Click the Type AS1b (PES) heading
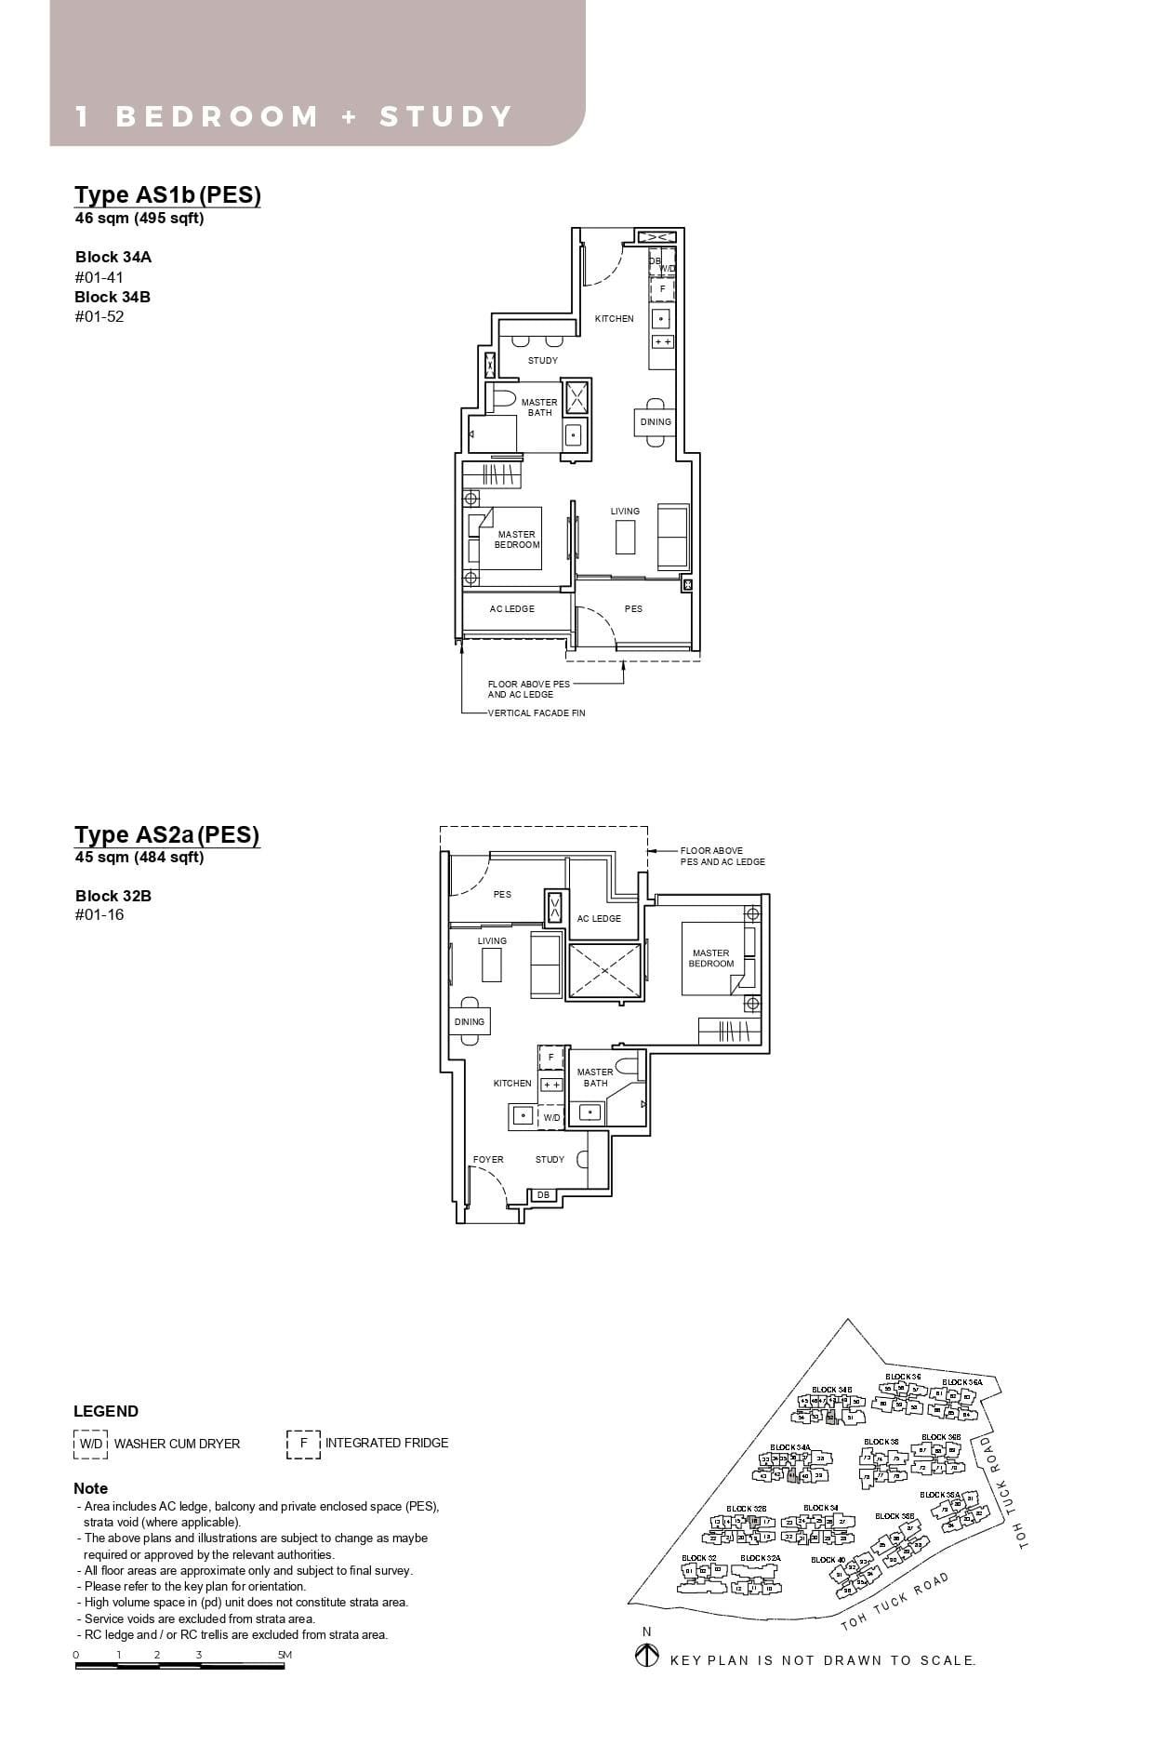(x=167, y=194)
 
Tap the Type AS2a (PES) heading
(x=167, y=834)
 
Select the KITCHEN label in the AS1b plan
(x=614, y=319)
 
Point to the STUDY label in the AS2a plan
(x=550, y=1160)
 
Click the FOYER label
(x=488, y=1160)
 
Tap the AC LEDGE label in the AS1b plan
(x=512, y=609)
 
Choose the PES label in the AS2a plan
(x=502, y=895)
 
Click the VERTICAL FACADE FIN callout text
(x=537, y=713)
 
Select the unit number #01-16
(x=99, y=915)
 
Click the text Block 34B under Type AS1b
(x=113, y=297)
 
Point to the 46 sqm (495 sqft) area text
(x=139, y=219)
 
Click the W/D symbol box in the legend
(x=90, y=1444)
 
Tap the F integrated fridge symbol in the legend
(x=303, y=1444)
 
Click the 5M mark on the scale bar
(x=285, y=1655)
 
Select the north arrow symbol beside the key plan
(x=646, y=1657)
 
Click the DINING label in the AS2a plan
(x=469, y=1021)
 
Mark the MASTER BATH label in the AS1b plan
(x=539, y=407)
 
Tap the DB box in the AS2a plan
(x=543, y=1195)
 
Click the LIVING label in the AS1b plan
(x=625, y=512)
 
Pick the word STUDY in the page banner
(x=445, y=117)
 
